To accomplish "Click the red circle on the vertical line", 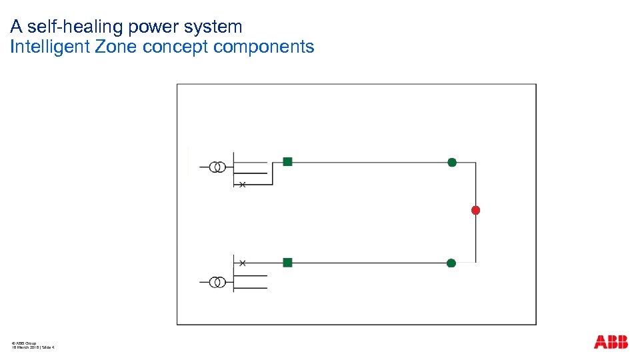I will tap(475, 210).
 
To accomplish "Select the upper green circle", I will tap(452, 162).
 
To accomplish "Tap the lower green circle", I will tap(451, 263).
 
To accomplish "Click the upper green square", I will tap(287, 161).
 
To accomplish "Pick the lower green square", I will tap(287, 263).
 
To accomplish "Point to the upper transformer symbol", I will tap(217, 167).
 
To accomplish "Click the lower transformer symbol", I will tap(217, 282).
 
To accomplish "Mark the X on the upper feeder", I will tap(243, 185).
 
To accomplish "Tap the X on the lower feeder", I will tap(243, 263).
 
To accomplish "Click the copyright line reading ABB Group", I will tap(24, 342).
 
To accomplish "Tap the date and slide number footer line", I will tap(33, 347).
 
